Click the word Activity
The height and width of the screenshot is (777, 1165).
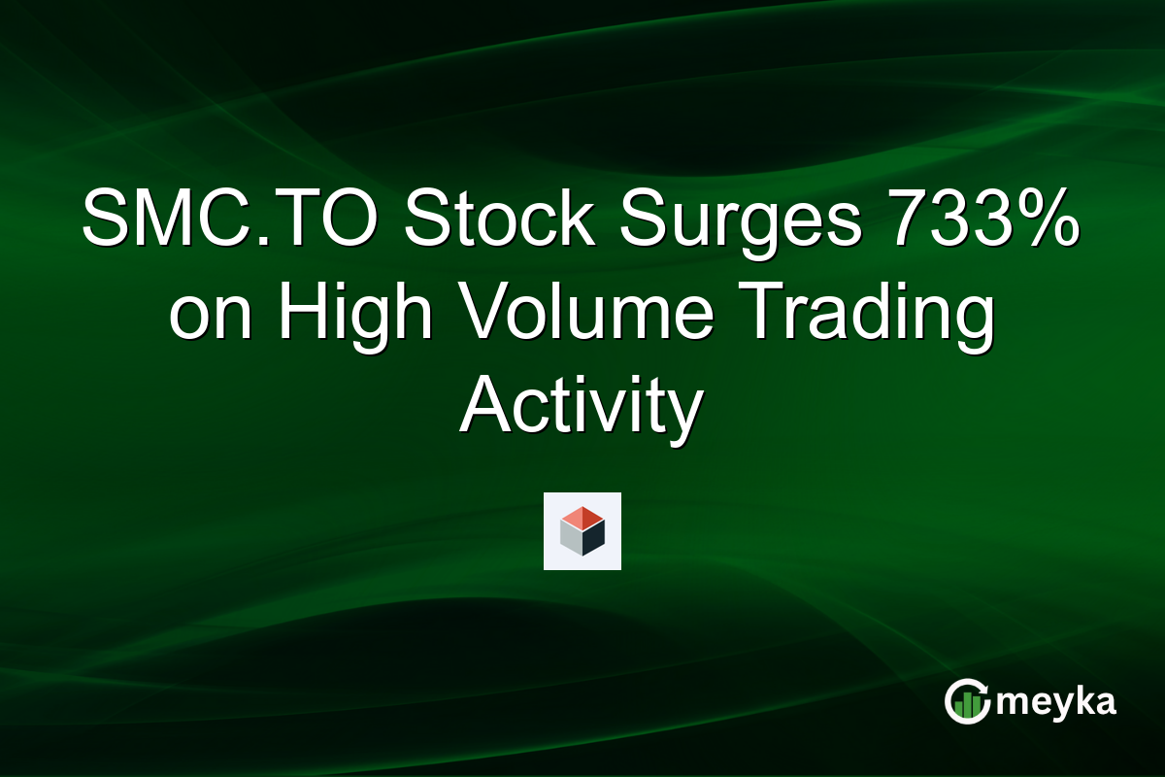click(581, 408)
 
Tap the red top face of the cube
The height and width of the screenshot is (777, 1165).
click(582, 517)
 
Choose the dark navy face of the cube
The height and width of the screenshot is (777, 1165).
click(593, 537)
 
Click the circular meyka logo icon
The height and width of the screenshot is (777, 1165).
click(967, 702)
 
